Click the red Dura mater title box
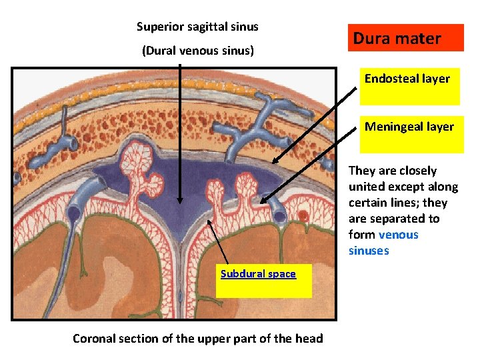coord(405,38)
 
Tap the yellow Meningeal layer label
coord(409,134)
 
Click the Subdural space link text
coord(258,273)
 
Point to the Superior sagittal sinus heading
coord(197,27)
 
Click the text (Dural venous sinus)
coord(197,51)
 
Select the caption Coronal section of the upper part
coord(197,338)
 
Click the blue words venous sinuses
coord(383,243)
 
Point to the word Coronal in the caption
coord(95,338)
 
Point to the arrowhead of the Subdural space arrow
coord(209,221)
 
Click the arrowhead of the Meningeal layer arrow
coord(262,201)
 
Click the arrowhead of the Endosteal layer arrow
coord(272,161)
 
